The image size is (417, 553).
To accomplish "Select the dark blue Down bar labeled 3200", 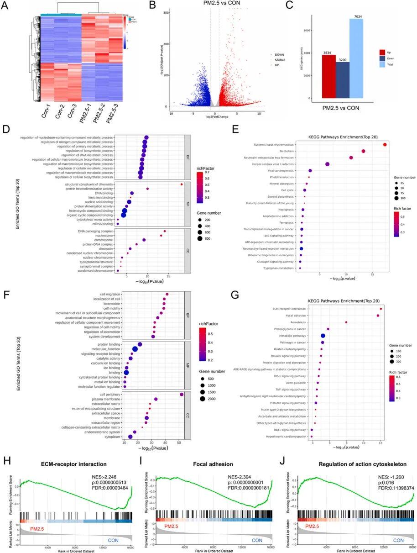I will tap(343, 80).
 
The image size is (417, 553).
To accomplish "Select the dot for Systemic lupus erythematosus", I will tap(385, 145).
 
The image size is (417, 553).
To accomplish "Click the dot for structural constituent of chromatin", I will tap(182, 184).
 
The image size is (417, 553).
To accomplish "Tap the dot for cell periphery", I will tap(182, 395).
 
